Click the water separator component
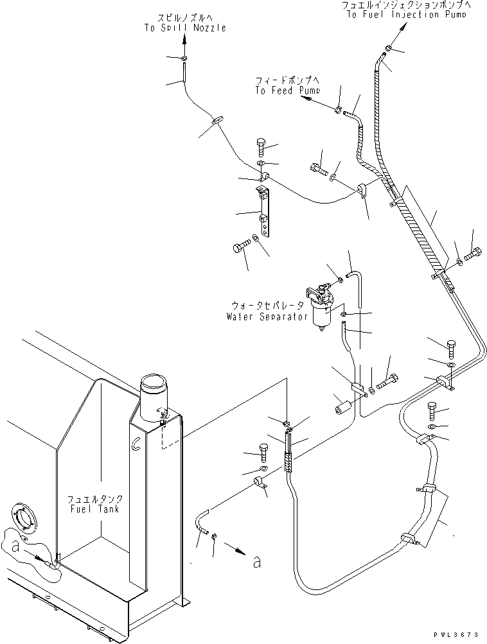(x=322, y=309)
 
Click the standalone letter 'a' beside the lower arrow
(x=257, y=562)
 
